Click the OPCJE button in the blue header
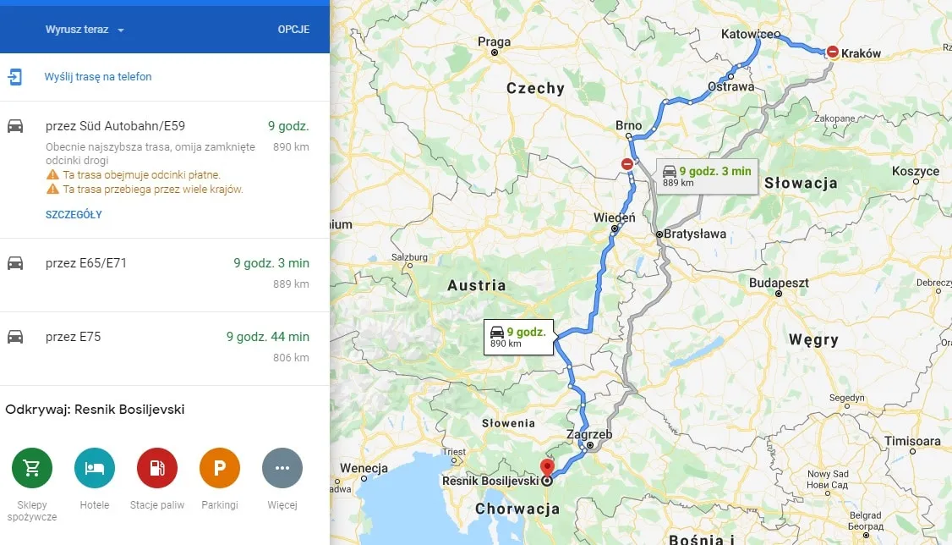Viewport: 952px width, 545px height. tap(293, 30)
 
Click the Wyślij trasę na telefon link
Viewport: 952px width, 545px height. tap(98, 77)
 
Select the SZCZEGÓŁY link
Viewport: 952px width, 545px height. tap(74, 215)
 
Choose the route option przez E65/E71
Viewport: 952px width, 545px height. tap(86, 263)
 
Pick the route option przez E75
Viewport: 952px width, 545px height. tap(74, 337)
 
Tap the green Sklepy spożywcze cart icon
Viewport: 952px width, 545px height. tap(32, 469)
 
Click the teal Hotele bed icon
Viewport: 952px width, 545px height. tap(95, 469)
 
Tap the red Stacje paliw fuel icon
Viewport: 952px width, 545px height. tap(157, 469)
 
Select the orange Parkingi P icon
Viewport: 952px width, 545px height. tap(220, 469)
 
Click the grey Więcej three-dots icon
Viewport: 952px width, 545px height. tap(282, 469)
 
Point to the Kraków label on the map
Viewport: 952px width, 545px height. tap(861, 53)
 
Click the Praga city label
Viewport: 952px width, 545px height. tap(494, 41)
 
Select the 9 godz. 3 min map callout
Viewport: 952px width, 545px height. tap(707, 176)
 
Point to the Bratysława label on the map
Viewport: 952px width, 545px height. tap(695, 234)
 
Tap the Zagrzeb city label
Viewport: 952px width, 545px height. tap(589, 435)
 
